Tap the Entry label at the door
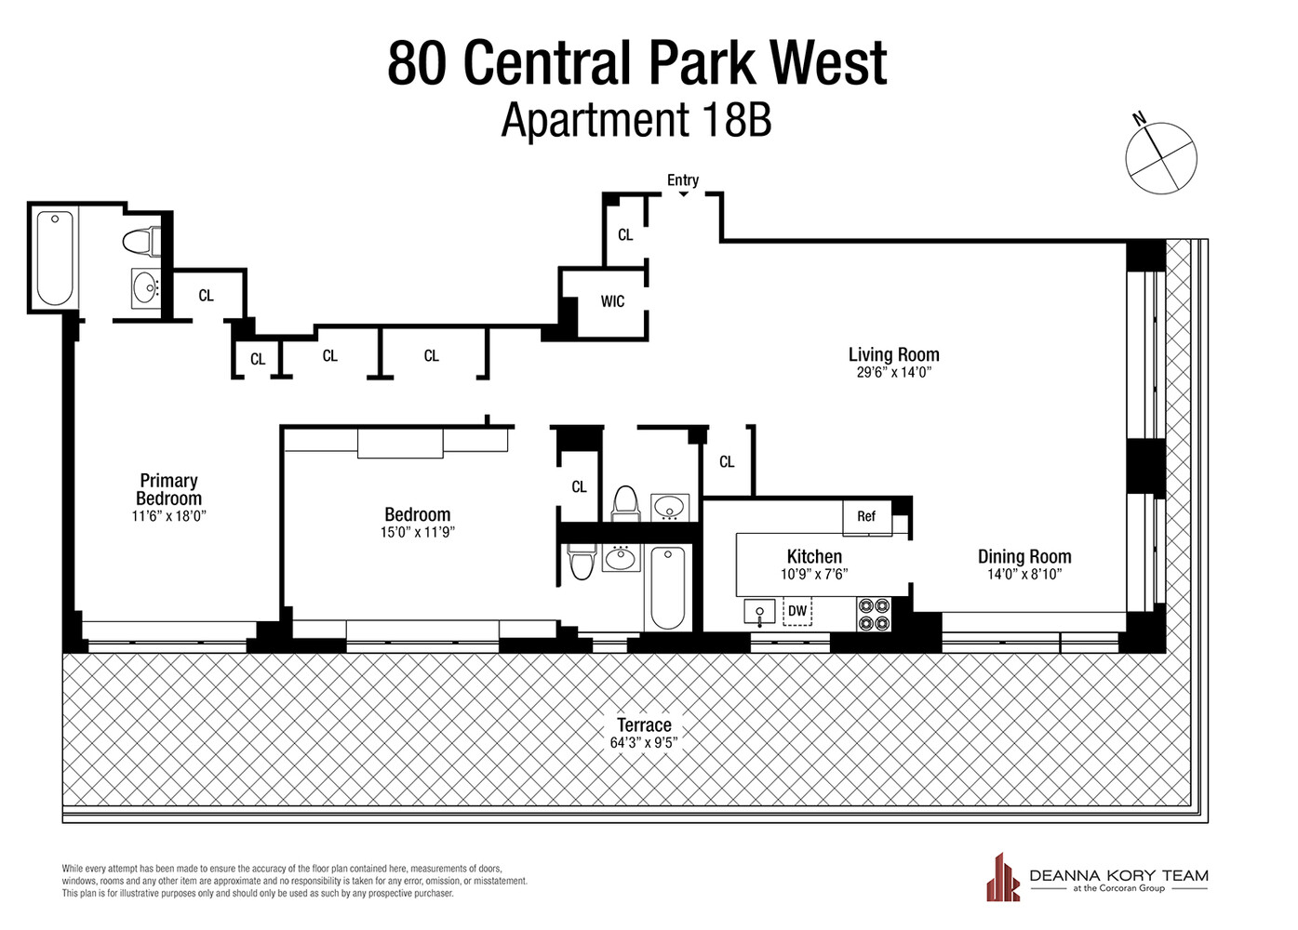point(682,180)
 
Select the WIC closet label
point(612,301)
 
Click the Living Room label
point(893,354)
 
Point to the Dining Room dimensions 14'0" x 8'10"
point(1024,575)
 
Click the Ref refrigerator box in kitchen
point(866,517)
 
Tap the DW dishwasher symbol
point(797,611)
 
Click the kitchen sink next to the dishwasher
point(759,612)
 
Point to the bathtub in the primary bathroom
point(55,257)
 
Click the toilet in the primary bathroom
point(141,242)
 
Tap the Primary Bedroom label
point(168,489)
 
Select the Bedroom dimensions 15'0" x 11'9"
point(417,533)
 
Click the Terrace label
point(644,724)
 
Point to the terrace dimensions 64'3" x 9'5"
point(644,743)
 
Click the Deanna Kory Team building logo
point(1003,877)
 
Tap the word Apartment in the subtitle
point(595,121)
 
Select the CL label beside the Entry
point(625,235)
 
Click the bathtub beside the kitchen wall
point(667,587)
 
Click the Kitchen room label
point(814,556)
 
